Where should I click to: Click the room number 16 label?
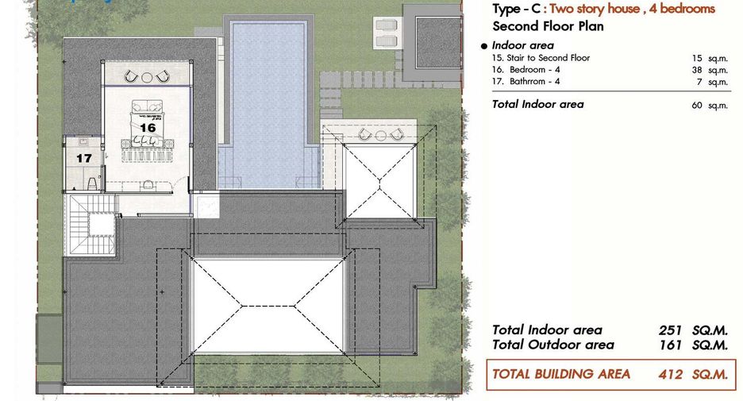point(148,128)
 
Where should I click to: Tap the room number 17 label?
point(84,158)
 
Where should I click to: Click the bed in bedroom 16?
point(147,123)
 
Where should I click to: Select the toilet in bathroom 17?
point(92,183)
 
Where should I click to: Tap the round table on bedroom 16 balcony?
point(147,76)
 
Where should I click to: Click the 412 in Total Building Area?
point(671,375)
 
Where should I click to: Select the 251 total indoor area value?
point(670,330)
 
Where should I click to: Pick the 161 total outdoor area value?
point(670,345)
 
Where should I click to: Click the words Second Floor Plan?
point(549,26)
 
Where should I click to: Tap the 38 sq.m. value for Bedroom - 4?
point(710,70)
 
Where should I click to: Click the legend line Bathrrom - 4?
point(526,82)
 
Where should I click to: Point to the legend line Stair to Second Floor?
point(541,58)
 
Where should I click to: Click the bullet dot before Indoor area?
point(483,46)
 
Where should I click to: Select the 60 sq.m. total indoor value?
point(710,106)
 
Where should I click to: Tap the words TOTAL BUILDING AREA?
point(561,374)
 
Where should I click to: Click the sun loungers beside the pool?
point(387,33)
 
